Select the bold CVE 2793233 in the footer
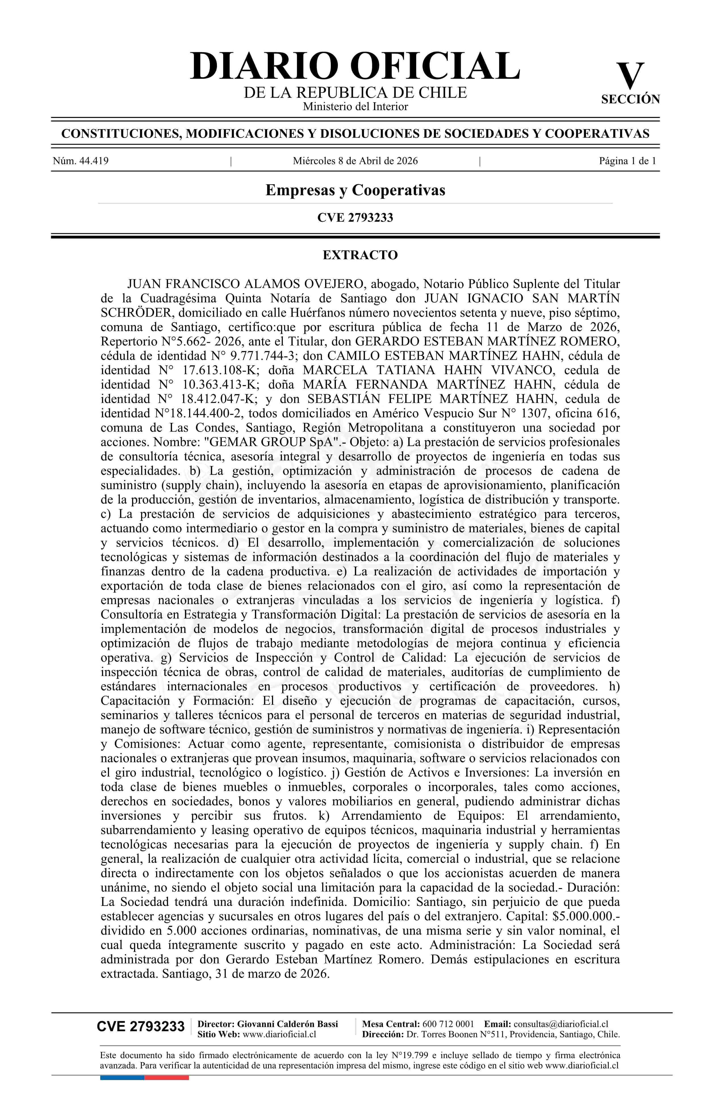click(x=141, y=1027)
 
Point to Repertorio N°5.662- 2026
click(x=171, y=341)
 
